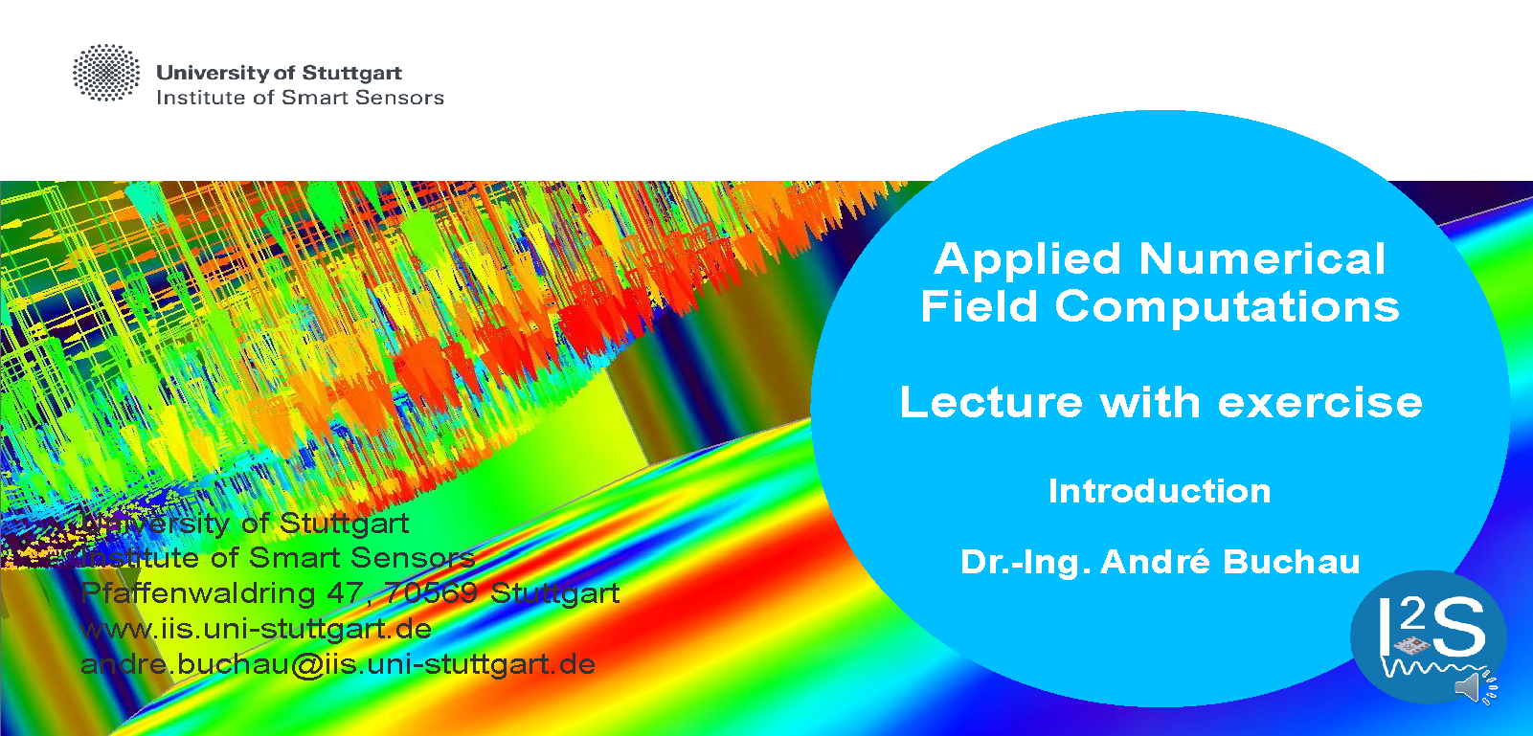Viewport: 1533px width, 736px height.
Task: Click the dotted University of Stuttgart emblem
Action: click(105, 73)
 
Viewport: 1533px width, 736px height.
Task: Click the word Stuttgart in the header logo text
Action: click(351, 73)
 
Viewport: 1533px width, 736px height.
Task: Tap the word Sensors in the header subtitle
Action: click(399, 98)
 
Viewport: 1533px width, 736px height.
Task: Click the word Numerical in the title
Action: click(1262, 258)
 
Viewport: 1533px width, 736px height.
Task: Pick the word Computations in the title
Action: click(1227, 307)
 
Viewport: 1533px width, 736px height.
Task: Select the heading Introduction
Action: click(1160, 491)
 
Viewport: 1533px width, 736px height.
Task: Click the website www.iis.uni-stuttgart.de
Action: click(257, 629)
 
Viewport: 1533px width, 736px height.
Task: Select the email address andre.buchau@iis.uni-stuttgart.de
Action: click(337, 664)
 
